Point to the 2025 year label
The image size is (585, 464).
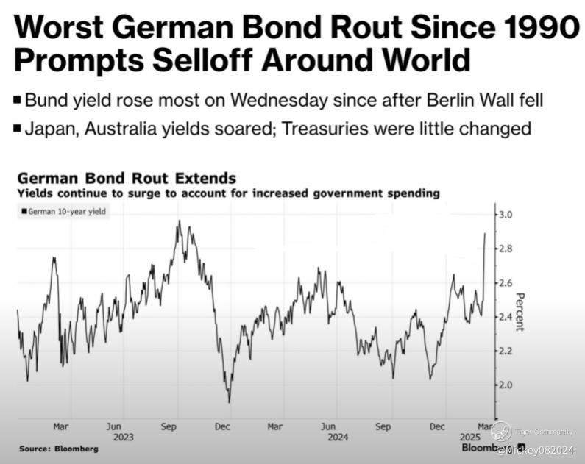pos(472,436)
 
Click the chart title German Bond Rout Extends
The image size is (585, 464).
pos(126,179)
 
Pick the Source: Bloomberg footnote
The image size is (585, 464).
pos(58,449)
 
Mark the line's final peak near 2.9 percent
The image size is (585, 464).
pos(485,233)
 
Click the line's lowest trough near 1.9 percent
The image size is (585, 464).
pos(229,401)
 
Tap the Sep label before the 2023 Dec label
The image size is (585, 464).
pos(168,426)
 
